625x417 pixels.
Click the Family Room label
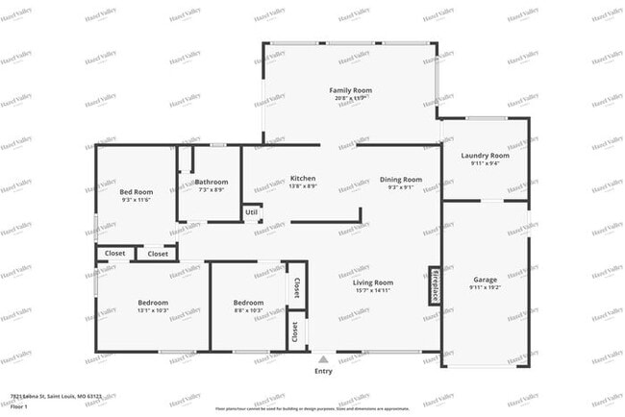350,90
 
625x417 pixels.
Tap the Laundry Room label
485,155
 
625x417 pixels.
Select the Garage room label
484,280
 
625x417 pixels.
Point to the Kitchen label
303,179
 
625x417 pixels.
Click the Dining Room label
400,180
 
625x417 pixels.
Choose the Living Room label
372,282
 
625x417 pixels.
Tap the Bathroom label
211,182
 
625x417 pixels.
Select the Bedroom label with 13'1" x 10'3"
152,303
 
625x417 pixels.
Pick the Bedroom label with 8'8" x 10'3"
248,303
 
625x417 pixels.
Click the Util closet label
251,212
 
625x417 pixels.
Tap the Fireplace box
435,285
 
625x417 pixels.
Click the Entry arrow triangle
323,359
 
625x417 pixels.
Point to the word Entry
323,371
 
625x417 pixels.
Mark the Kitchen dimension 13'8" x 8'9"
303,186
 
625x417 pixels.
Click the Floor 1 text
19,406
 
